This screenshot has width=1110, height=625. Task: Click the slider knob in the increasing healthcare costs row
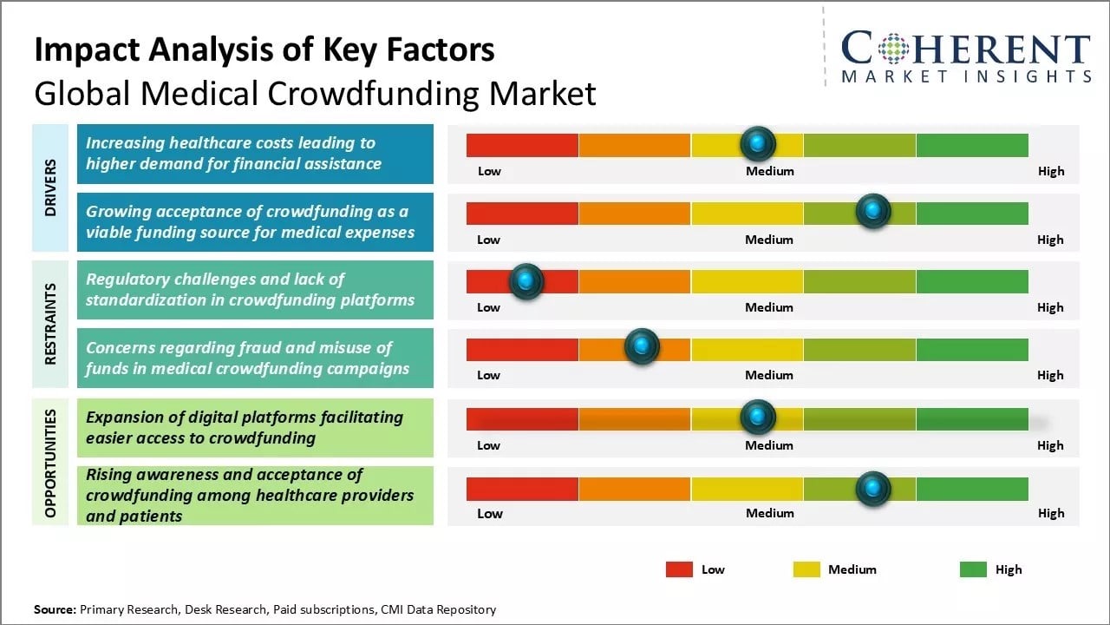click(758, 143)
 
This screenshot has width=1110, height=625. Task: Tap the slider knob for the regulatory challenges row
click(526, 281)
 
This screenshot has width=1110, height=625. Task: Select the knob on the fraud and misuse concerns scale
click(642, 347)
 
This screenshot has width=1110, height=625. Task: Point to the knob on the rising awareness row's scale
click(872, 489)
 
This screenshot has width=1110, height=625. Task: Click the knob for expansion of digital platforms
click(758, 418)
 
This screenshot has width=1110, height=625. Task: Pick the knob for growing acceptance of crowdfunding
click(872, 211)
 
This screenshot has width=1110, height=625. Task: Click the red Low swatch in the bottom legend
click(679, 569)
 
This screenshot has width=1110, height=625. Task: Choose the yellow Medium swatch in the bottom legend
click(806, 569)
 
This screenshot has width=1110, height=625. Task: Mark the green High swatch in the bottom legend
click(973, 569)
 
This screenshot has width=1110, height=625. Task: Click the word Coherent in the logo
click(965, 49)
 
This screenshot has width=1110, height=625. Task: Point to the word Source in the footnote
click(54, 609)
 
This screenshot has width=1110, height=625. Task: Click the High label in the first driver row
click(1051, 171)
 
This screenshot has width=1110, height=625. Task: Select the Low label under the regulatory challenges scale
click(489, 307)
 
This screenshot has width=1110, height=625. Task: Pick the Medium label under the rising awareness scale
click(769, 513)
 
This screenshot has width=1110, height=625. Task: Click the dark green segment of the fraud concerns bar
click(972, 349)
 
